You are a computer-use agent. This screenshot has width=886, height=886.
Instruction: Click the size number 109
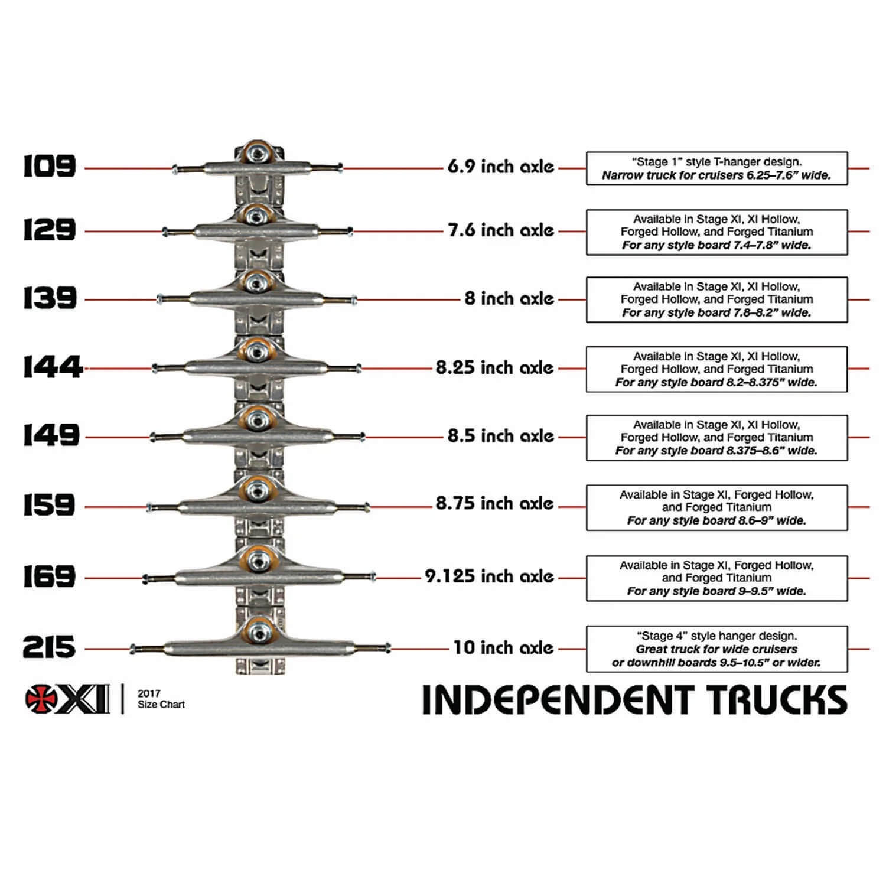50,167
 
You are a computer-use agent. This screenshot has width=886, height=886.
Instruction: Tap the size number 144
52,367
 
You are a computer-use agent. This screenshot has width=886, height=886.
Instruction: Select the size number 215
49,647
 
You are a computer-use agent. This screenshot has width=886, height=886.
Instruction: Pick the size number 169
50,576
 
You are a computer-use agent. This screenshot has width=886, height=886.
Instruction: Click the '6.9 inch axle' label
500,167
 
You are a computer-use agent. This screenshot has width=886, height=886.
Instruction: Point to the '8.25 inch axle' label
494,367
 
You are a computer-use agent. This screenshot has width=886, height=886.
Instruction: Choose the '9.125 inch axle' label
489,576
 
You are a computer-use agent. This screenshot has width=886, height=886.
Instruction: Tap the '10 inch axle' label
503,647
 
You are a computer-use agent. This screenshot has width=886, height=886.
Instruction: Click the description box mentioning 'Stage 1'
716,168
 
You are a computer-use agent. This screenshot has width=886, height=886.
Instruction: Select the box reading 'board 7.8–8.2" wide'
716,299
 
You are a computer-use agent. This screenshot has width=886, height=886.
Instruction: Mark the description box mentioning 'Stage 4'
716,649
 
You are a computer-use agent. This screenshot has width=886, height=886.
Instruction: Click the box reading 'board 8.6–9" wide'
716,507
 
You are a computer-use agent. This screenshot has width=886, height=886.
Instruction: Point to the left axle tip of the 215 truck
133,649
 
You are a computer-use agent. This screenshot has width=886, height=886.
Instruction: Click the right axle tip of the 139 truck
354,301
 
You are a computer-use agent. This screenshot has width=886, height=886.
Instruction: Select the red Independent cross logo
41,699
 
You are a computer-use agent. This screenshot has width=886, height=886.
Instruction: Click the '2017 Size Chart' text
161,699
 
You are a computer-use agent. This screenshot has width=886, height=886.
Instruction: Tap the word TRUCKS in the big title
778,700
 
